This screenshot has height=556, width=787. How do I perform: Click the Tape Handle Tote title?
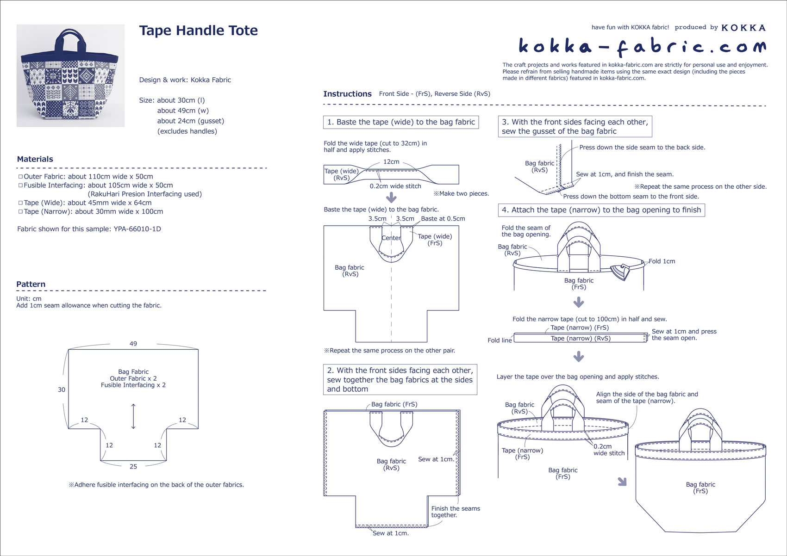pos(198,31)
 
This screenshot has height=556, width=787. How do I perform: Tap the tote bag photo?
pos(70,76)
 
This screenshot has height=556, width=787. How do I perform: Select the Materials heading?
pos(35,159)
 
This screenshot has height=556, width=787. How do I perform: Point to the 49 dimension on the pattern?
pos(133,344)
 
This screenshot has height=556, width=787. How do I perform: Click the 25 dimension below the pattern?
pos(133,467)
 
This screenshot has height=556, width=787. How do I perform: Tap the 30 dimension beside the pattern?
pos(62,389)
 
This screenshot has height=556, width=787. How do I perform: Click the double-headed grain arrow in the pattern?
pos(133,416)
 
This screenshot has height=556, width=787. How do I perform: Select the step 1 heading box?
pos(401,122)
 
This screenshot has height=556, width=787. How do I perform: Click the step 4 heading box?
pos(601,210)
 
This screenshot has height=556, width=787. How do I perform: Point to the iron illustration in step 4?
pos(621,272)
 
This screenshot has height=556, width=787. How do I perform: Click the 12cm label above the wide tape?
pos(391,162)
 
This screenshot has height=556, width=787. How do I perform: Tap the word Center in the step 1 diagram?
pos(391,238)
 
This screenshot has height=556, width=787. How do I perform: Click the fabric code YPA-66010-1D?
pos(137,229)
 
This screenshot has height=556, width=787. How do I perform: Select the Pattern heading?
pos(31,284)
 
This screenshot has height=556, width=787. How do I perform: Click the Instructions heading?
pos(347,94)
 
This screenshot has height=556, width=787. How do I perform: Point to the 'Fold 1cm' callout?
pos(662,261)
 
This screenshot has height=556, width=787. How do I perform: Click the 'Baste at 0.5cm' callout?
pos(443,219)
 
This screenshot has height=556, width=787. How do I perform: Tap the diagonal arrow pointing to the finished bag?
pos(622,482)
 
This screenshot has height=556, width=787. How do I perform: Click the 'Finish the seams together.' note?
pos(456,512)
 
